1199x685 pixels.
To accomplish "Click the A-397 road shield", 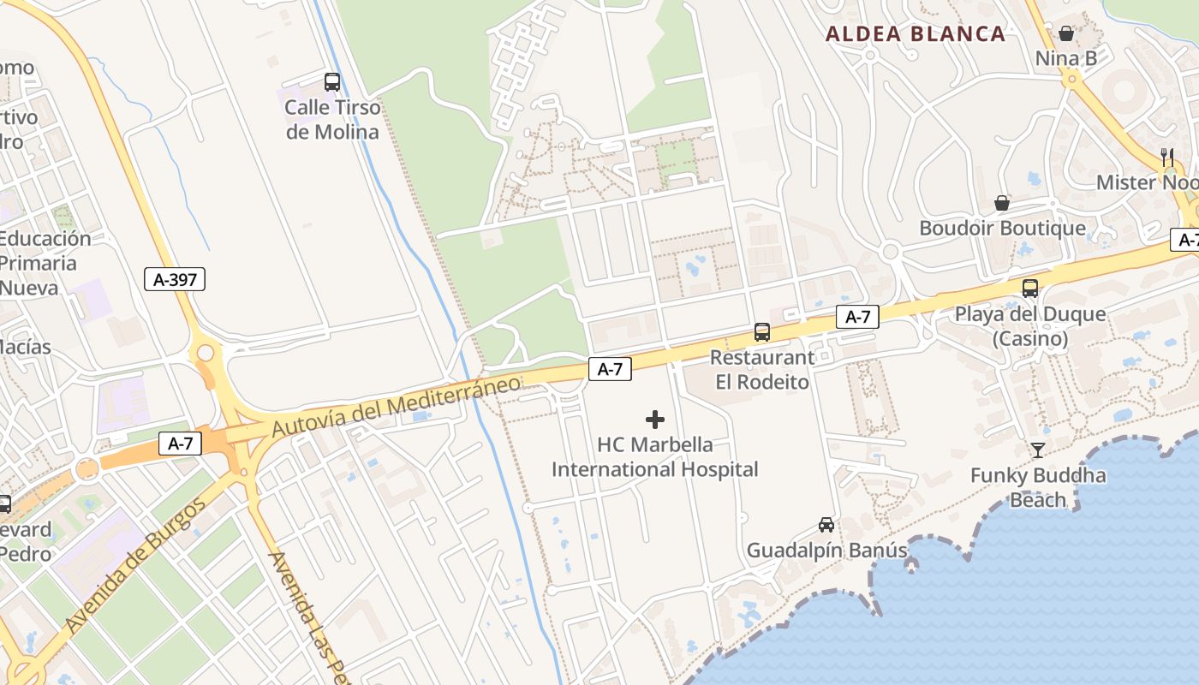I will pos(175,278).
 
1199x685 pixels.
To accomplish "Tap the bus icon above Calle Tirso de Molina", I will pos(332,82).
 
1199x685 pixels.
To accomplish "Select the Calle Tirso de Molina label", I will pos(331,120).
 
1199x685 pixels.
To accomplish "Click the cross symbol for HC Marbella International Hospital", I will pos(655,420).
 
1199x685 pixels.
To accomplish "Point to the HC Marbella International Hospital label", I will pos(655,457).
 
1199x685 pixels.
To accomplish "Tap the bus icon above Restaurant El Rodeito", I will pos(761,332).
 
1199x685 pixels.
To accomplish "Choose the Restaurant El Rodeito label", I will pos(761,370).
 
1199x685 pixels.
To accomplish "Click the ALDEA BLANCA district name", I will pos(916,34).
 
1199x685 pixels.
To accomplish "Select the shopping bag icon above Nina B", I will pos(1066,33).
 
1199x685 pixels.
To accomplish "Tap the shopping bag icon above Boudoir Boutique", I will pos(1001,203).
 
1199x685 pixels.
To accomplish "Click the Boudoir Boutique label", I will pos(1002,229).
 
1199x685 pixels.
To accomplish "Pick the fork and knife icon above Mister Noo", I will pos(1166,157).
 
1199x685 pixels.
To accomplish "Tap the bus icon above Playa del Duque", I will pos(1029,289).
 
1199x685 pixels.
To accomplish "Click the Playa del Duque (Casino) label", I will pos(1030,326).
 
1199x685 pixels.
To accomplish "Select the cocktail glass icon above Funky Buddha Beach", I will pos(1038,450).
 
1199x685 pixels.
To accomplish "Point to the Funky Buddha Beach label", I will pos(1038,487).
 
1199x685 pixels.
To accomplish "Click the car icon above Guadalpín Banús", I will pos(826,524).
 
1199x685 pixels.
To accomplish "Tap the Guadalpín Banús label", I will pos(826,551).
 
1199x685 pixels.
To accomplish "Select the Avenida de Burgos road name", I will pos(136,566).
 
